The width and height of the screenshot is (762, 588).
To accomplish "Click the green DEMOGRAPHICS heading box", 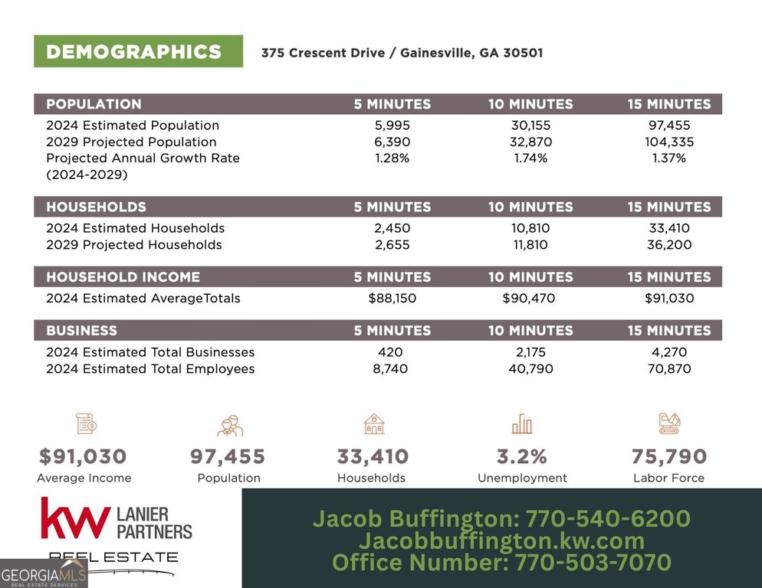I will click(x=138, y=51).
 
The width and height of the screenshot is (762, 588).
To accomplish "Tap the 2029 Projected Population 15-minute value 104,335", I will click(x=669, y=142).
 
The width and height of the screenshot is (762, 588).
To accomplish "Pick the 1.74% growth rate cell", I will click(x=530, y=158).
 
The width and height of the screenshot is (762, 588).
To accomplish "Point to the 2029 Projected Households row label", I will click(x=134, y=245).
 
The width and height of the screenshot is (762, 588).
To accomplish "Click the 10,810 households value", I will click(x=530, y=228).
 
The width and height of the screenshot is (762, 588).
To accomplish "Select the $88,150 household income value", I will click(x=392, y=299).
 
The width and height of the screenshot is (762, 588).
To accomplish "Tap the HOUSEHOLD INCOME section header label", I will click(x=123, y=277).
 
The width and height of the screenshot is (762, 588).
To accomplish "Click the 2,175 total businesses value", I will click(x=530, y=352).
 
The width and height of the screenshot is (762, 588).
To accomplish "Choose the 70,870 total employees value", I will click(x=669, y=369).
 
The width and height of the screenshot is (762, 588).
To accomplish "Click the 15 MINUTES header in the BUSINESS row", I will click(x=669, y=331).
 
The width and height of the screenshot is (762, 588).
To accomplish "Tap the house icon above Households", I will click(x=373, y=423).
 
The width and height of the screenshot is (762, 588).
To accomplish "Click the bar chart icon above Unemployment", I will click(x=522, y=423).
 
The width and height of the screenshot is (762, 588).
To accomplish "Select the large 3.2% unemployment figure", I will click(x=522, y=457).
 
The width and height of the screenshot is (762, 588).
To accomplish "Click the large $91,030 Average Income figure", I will click(x=83, y=457).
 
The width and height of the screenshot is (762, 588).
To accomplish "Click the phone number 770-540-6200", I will click(x=608, y=519).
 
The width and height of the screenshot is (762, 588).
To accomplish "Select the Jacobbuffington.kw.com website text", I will click(x=501, y=541).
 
